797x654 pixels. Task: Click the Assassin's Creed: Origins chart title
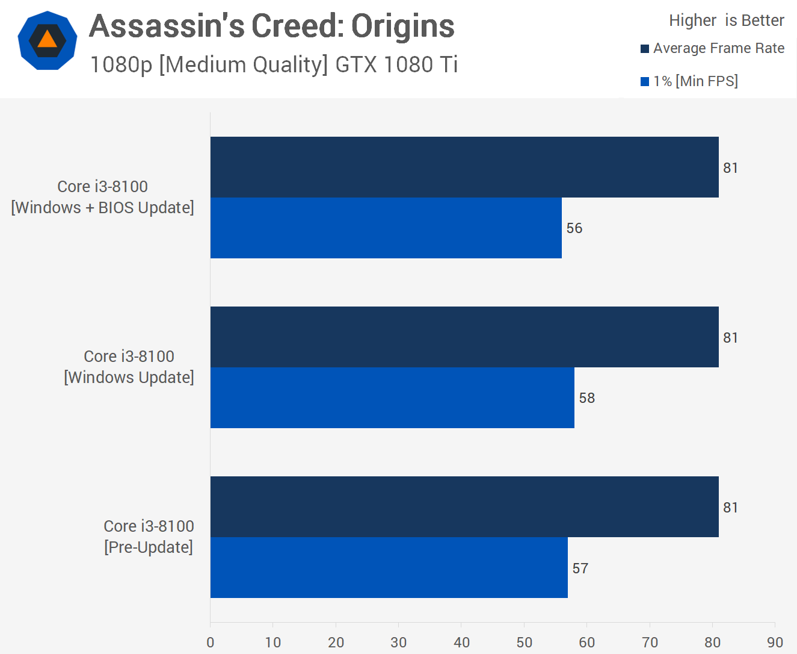coord(271,27)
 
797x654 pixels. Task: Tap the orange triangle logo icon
coord(48,40)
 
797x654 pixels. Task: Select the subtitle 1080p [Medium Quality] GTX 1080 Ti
coord(274,64)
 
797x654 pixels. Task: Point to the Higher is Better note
coord(726,20)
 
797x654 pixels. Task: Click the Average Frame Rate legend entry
coord(713,48)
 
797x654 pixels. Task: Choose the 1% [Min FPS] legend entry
coord(689,81)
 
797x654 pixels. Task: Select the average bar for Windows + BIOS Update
coord(464,167)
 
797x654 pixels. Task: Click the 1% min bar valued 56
coord(386,228)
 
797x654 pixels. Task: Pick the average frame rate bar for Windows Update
coord(464,337)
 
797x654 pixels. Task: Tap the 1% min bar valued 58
coord(392,398)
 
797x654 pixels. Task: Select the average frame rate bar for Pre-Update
coord(464,507)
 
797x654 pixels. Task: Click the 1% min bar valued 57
coord(389,568)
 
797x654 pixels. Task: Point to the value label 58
coord(586,398)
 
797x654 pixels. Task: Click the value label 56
coord(574,228)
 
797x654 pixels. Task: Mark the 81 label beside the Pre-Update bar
coord(730,508)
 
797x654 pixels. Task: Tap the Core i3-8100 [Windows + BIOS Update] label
coord(103,197)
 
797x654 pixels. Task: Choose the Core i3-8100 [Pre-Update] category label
coord(149,537)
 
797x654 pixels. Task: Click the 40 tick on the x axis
coord(461,642)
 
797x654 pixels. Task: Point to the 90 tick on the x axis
coord(775,642)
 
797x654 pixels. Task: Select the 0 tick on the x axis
coord(211,642)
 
